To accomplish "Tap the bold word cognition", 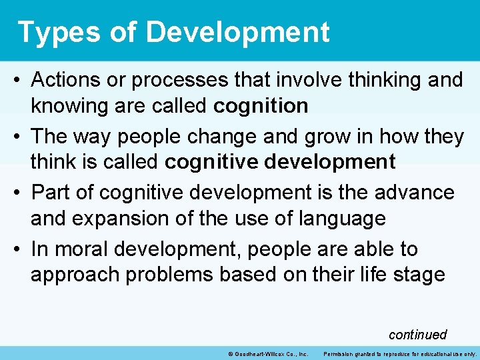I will [261, 105].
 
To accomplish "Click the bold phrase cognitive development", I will [280, 161].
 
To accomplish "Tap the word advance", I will [415, 193].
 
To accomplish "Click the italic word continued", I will [417, 335].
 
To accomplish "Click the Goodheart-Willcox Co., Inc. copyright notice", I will [267, 353].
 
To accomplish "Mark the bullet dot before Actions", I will [18, 81].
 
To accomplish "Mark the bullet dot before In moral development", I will [18, 250].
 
